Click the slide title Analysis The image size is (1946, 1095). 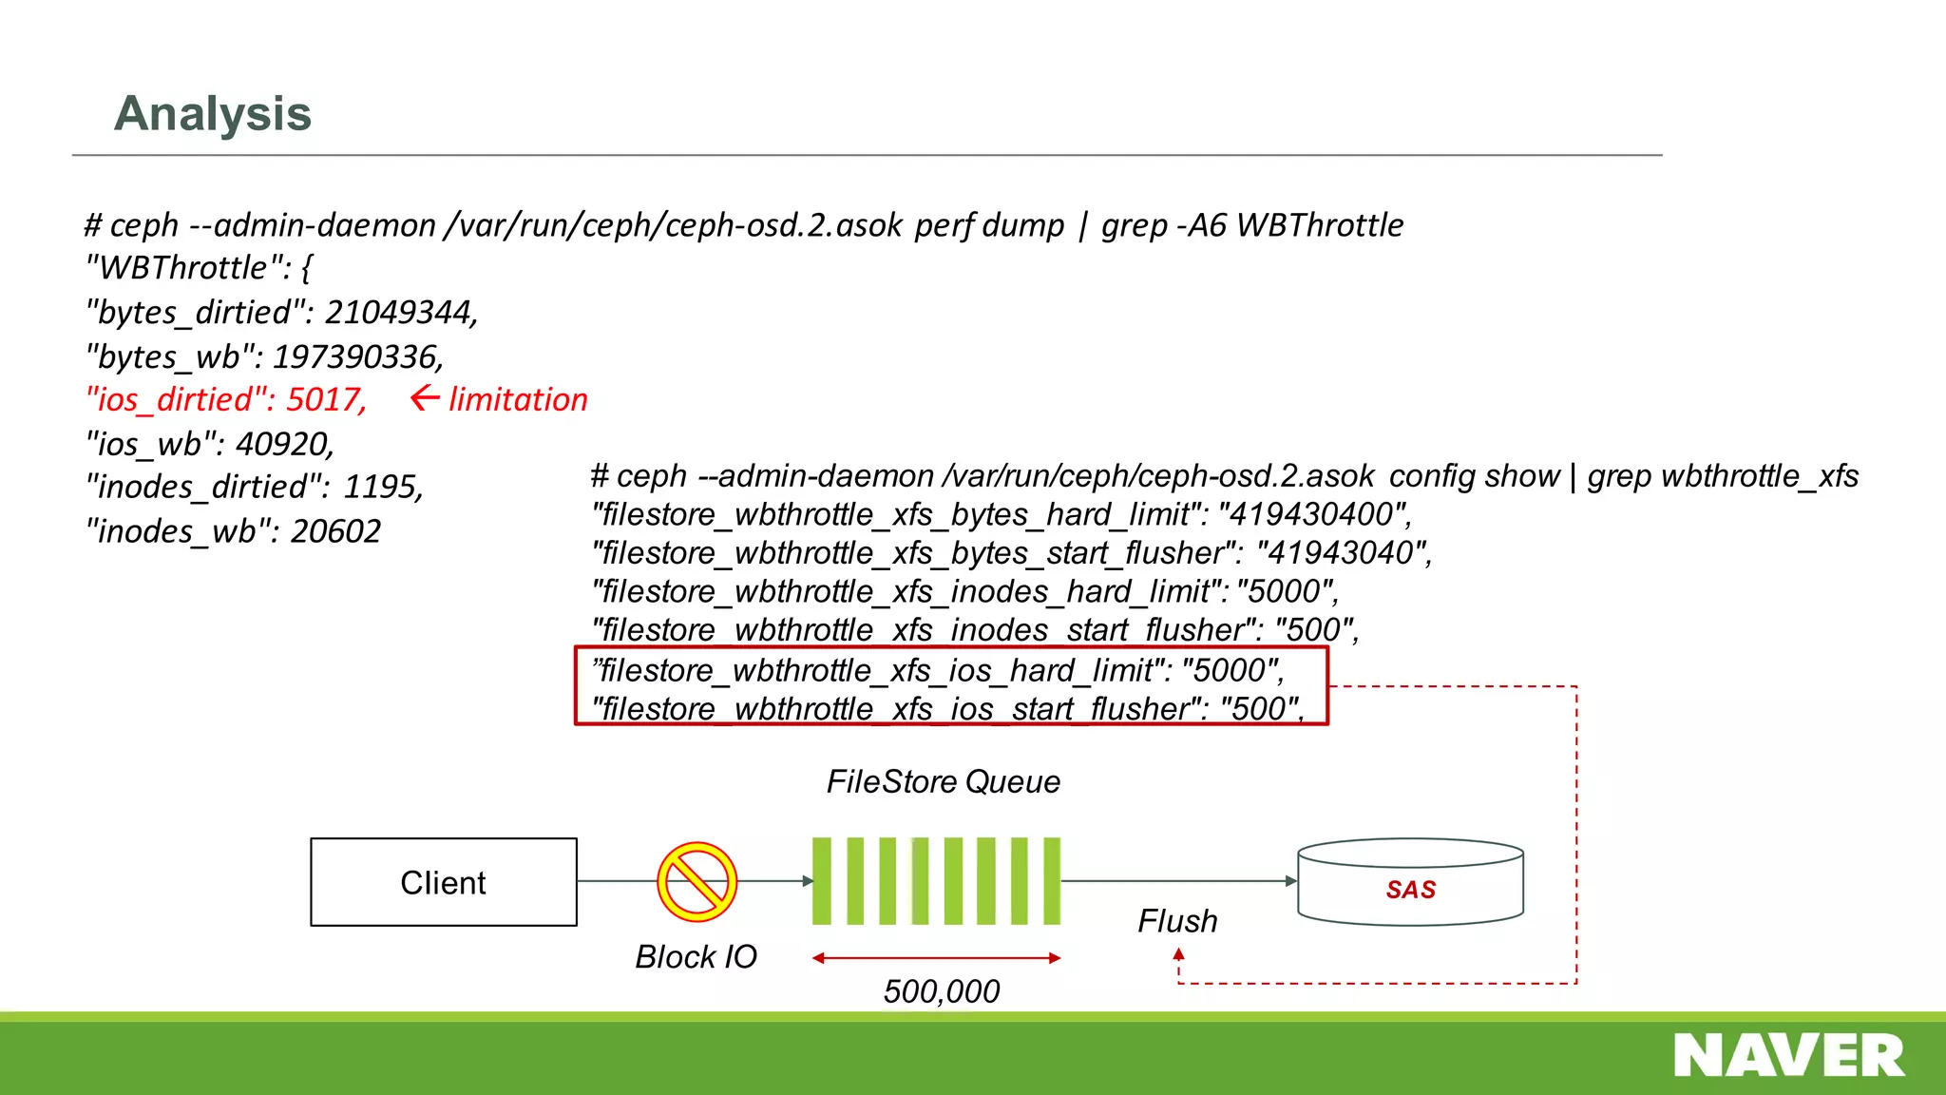point(213,114)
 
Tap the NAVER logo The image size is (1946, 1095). point(1788,1056)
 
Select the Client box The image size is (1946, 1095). point(443,882)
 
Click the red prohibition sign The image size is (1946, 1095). point(696,882)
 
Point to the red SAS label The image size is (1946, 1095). point(1410,890)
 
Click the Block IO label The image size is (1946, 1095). point(696,956)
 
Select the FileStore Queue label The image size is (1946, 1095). point(943,781)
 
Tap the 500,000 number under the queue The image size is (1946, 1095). point(941,991)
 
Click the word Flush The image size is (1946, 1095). point(1177,921)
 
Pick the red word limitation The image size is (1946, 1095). point(518,399)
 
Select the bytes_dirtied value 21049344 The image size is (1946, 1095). point(400,312)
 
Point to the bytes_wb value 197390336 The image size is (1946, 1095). point(357,356)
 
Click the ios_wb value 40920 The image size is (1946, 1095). point(284,443)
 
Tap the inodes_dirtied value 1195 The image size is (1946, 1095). point(382,487)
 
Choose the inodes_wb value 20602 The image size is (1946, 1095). point(335,530)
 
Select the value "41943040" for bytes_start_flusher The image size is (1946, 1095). point(1343,552)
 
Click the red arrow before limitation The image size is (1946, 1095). point(425,398)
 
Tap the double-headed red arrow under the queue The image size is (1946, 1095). point(936,958)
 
